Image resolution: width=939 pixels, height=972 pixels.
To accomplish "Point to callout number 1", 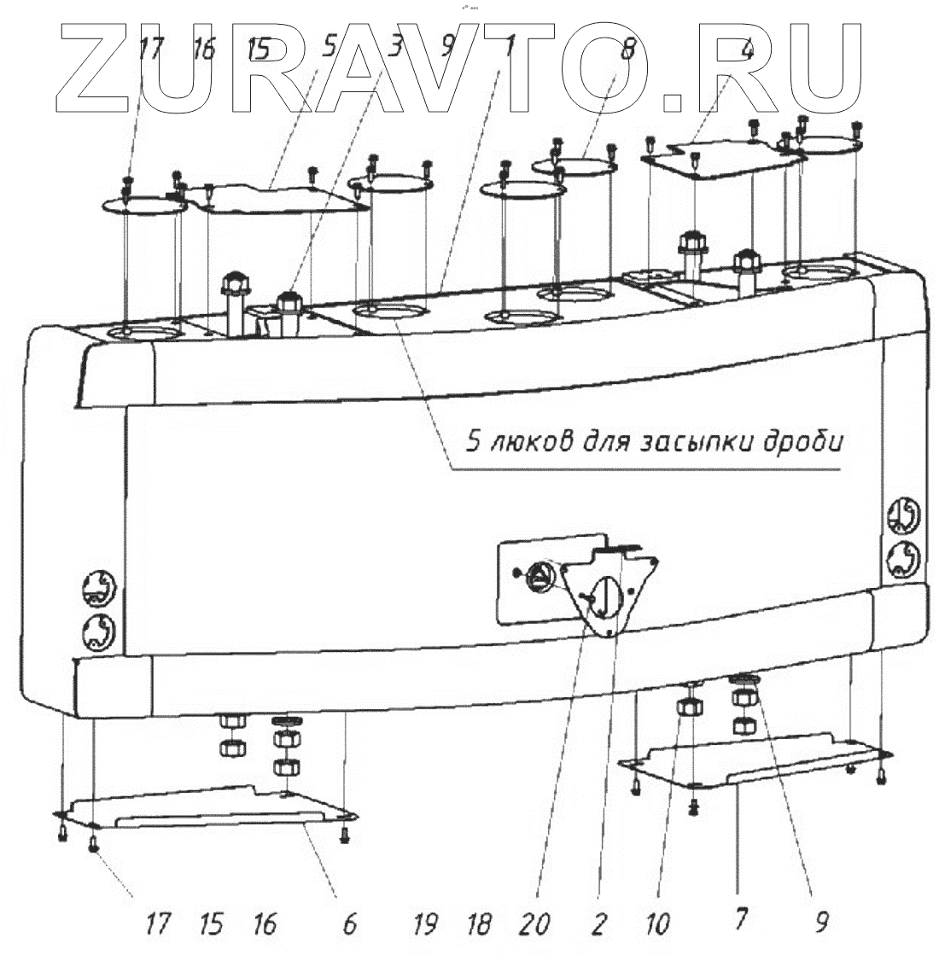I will click(509, 49).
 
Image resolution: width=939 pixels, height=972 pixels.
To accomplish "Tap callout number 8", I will click(627, 49).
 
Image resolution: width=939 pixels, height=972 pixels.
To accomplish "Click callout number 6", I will click(348, 924).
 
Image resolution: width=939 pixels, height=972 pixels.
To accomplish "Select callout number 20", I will click(538, 924).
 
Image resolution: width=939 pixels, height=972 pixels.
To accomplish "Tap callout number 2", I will click(598, 924).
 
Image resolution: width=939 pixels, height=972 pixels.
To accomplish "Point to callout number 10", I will click(658, 924).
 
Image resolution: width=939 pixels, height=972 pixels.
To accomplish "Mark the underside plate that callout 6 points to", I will click(205, 806).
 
